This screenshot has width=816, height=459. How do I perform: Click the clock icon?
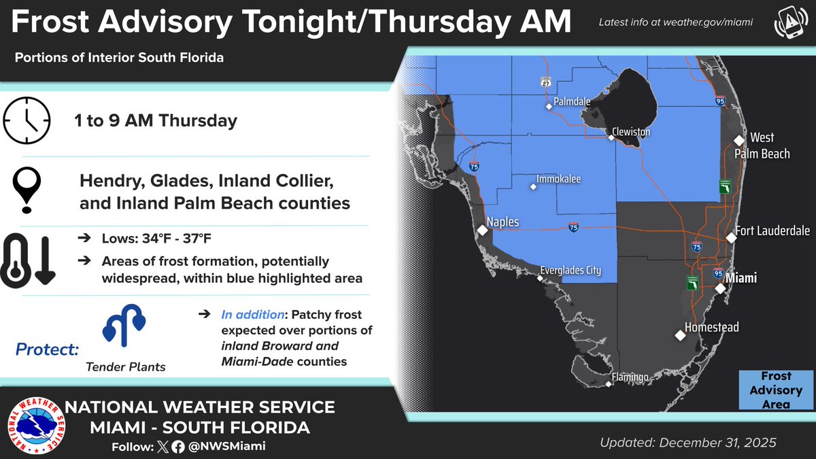coord(27,121)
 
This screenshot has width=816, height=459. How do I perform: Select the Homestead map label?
coord(711,327)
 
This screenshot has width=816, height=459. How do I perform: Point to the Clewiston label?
coord(630,131)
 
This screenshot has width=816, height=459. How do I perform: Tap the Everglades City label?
coord(571,270)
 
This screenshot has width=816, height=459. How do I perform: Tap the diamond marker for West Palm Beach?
coord(738,140)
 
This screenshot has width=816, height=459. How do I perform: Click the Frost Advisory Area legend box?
coord(776,390)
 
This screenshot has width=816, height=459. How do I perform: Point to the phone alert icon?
coord(787,24)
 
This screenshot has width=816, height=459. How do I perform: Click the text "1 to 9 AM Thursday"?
coord(156,121)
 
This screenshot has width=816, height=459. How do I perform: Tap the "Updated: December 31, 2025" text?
coord(687,443)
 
